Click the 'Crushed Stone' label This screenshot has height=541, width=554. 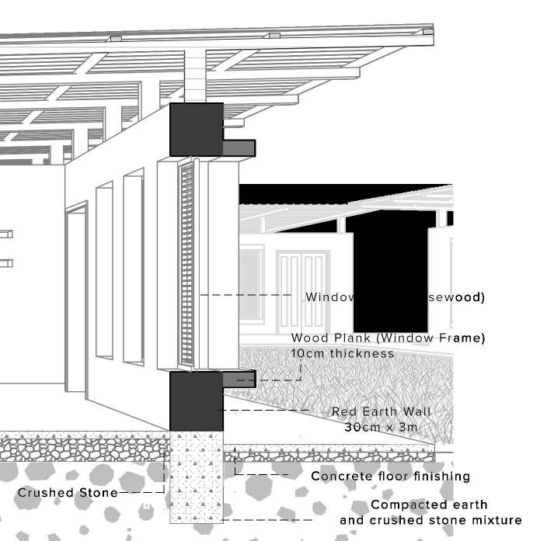point(67,492)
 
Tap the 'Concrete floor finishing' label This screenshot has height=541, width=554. point(390,476)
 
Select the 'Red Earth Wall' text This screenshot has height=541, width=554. point(381,411)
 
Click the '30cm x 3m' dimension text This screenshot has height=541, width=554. point(381,427)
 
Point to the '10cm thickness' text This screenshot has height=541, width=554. point(343,353)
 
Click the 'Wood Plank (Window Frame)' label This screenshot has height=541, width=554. point(388,338)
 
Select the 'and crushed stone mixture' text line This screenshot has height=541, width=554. point(430,520)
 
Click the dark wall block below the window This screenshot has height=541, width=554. point(196,400)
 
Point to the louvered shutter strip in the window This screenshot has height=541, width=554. point(186,264)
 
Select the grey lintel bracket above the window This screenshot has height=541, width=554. point(239,146)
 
